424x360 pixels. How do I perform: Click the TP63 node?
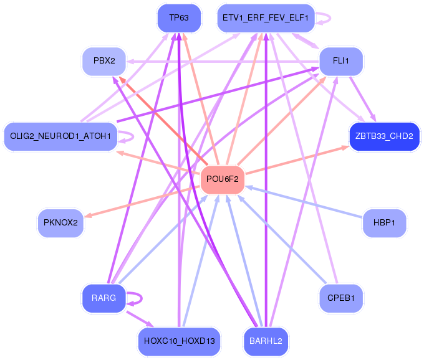point(179,18)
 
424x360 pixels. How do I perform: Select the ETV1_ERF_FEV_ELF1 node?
point(266,18)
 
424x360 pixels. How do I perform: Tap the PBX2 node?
point(104,61)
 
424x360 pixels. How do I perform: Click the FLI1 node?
point(341,61)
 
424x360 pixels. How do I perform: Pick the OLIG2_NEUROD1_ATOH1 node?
point(60,136)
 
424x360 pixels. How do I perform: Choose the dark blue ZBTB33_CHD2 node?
point(384,136)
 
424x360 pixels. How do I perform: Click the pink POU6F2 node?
point(223,179)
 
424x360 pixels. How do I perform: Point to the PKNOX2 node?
point(60,223)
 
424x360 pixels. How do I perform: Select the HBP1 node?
point(384,223)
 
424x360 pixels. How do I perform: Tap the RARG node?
point(104,298)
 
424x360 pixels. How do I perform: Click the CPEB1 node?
point(341,298)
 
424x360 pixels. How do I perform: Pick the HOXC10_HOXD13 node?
point(180,341)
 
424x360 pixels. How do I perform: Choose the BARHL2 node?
point(266,341)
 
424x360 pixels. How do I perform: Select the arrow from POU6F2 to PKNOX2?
point(142,201)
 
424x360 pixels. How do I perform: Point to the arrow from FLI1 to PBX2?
point(223,62)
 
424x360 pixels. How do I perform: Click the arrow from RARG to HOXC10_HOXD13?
point(140,319)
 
